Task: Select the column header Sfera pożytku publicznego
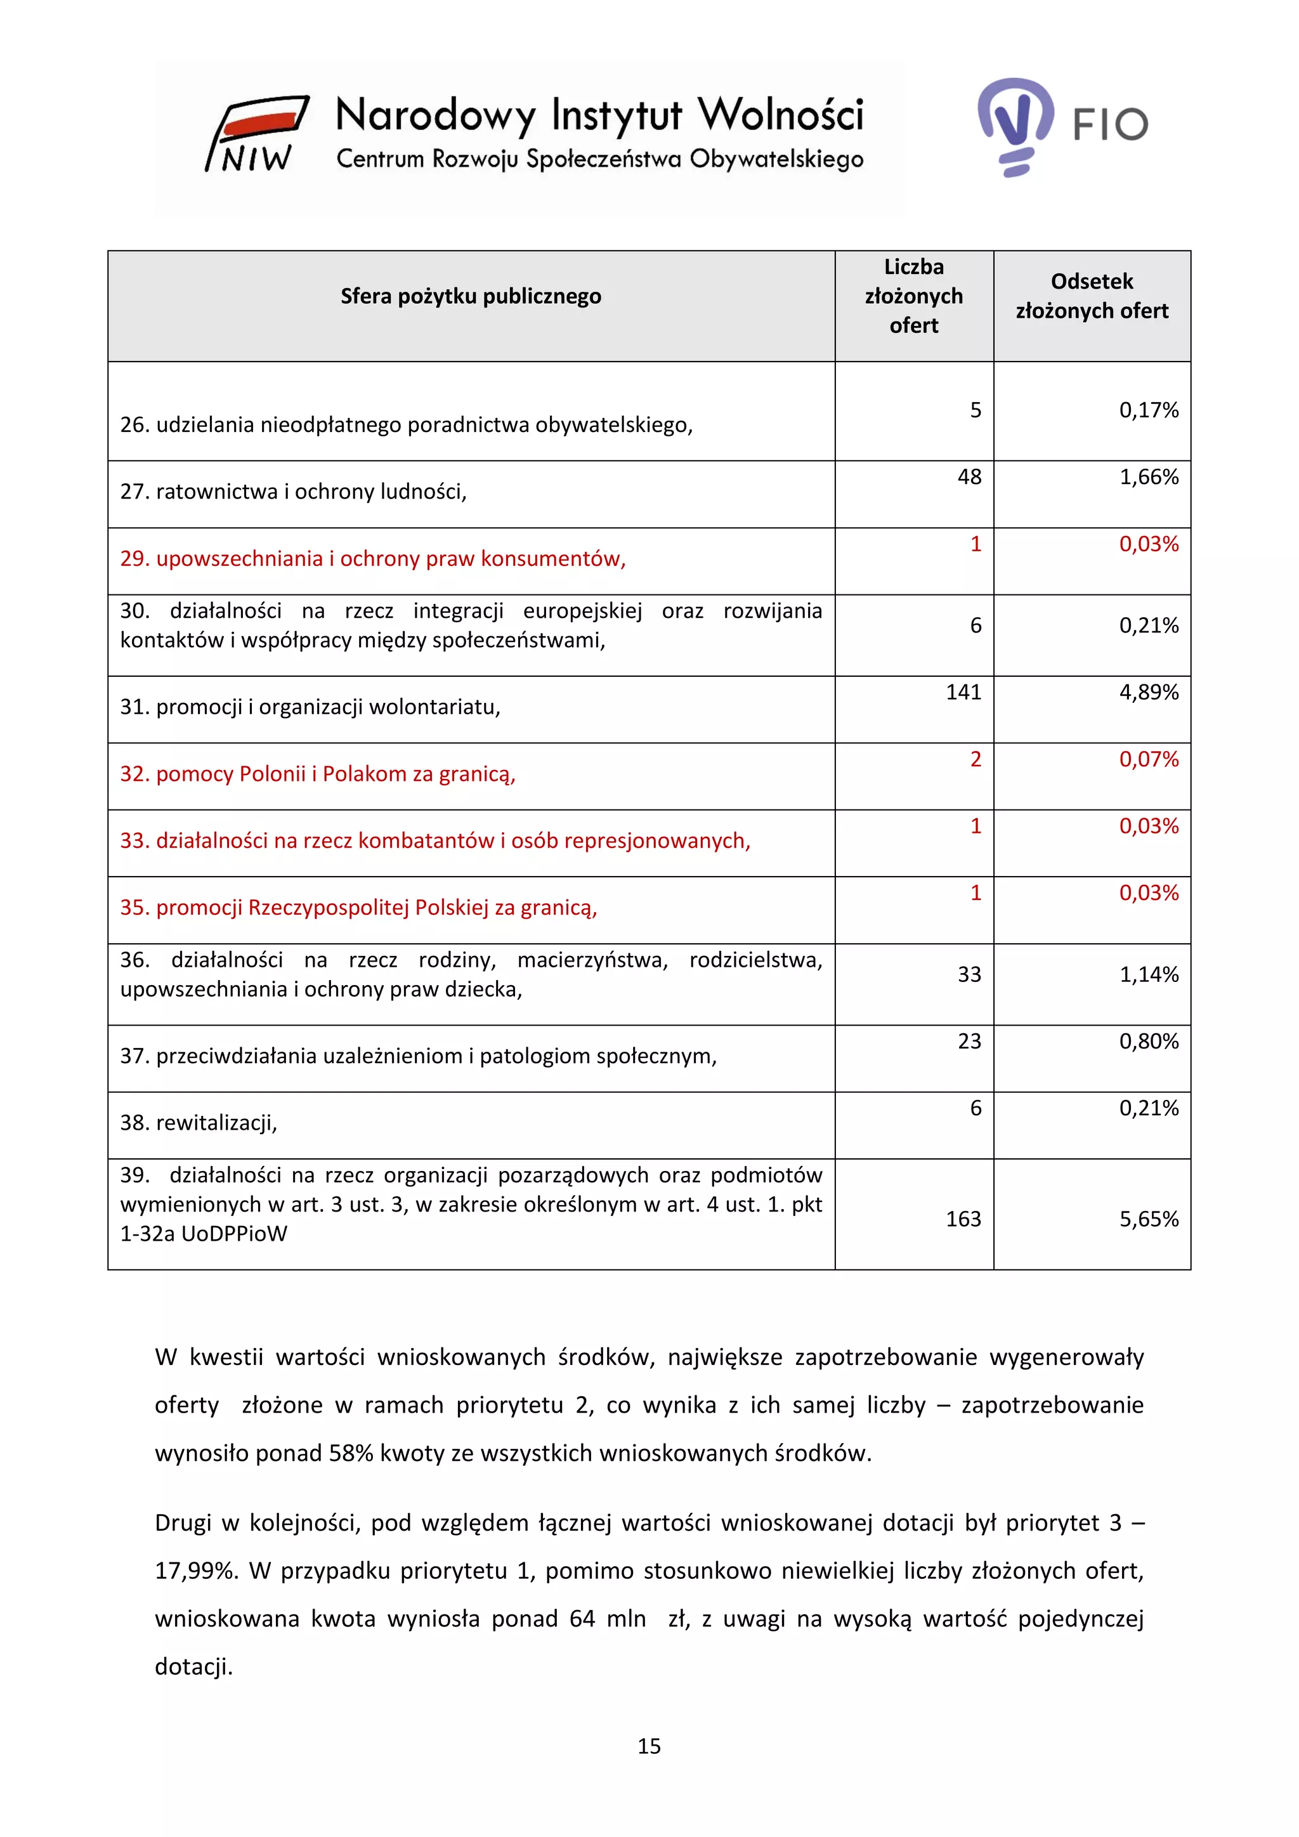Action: [x=471, y=296]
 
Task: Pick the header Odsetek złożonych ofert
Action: [x=1091, y=296]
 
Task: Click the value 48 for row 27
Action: [x=969, y=477]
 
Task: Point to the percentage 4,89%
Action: [x=1148, y=692]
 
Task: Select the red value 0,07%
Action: [x=1148, y=759]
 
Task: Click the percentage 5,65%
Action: [x=1148, y=1219]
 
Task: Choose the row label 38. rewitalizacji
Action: [x=199, y=1123]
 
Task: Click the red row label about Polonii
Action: [x=318, y=774]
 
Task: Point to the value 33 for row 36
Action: [x=969, y=974]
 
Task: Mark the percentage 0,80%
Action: [x=1148, y=1041]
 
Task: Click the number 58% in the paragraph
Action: [x=350, y=1453]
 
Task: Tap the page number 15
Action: [x=649, y=1746]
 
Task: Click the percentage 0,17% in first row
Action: [x=1148, y=410]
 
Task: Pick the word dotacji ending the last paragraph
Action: [x=193, y=1666]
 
